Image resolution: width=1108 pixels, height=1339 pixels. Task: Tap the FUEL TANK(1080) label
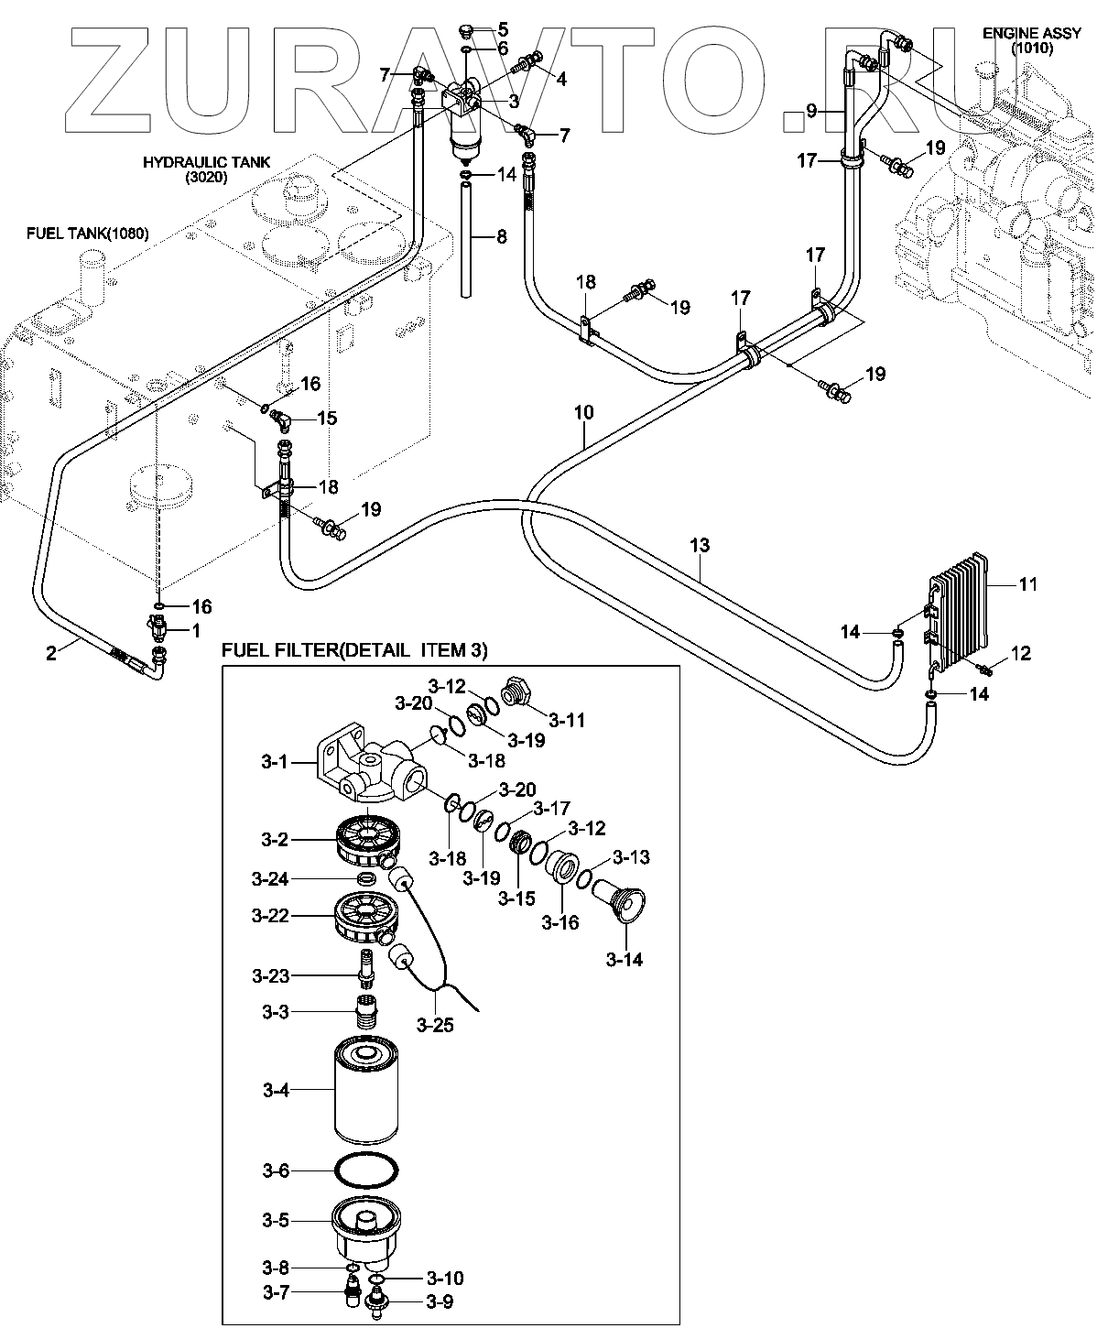pos(87,234)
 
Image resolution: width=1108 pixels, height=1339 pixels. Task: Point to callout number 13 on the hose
pos(699,546)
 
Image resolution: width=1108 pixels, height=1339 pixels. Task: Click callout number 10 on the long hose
pos(584,413)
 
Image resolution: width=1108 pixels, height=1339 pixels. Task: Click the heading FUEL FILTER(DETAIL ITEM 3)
pos(354,650)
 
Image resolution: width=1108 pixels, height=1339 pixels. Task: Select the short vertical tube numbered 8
pos(468,238)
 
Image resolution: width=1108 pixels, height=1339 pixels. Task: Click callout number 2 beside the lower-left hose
pos(51,652)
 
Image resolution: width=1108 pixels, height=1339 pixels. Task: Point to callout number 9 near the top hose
pos(810,111)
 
